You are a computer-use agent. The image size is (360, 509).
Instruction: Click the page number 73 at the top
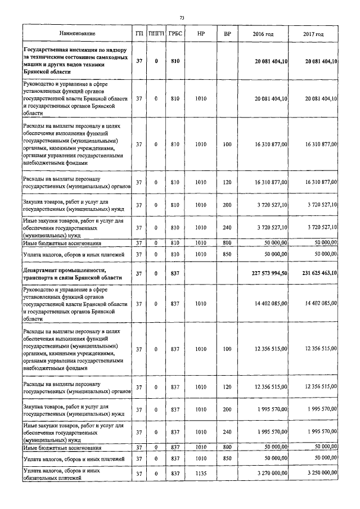point(182,19)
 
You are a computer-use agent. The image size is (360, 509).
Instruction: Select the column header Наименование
point(77,34)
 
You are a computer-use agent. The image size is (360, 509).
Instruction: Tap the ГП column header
point(139,34)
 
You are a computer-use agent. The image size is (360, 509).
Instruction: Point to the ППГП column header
point(156,34)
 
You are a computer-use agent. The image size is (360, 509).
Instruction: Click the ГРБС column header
point(174,34)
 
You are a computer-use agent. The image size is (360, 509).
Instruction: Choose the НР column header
point(201,34)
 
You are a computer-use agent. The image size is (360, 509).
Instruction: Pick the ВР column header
point(227,34)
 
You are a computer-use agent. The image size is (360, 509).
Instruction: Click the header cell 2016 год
point(263,34)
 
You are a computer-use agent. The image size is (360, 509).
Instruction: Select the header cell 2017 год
point(313,34)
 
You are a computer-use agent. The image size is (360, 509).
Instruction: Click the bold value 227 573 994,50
point(267,273)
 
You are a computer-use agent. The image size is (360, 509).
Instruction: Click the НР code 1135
point(201,474)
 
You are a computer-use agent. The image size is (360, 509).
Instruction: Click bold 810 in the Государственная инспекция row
point(174,61)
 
